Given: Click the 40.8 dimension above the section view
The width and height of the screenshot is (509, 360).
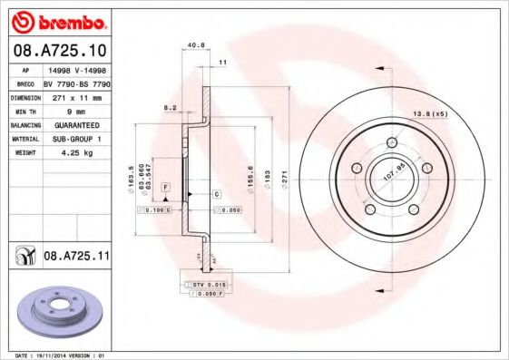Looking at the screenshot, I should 192,45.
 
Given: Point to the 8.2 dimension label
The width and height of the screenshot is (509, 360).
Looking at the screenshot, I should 170,107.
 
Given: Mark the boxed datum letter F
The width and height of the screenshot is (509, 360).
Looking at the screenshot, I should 166,187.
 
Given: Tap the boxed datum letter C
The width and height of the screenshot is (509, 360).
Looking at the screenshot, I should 217,195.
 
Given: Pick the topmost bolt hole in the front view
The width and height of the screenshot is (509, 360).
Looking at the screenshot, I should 392,142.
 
